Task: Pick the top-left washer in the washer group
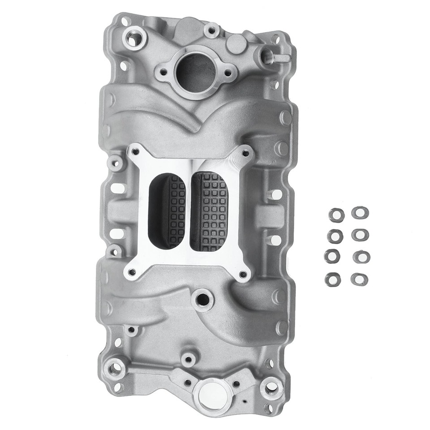coord(336,215)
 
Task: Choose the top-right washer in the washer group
coord(360,212)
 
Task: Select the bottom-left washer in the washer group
coord(332,279)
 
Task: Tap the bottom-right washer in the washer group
coord(359,279)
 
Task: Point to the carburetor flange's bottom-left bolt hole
coord(131,271)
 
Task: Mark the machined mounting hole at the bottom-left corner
coord(117,368)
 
